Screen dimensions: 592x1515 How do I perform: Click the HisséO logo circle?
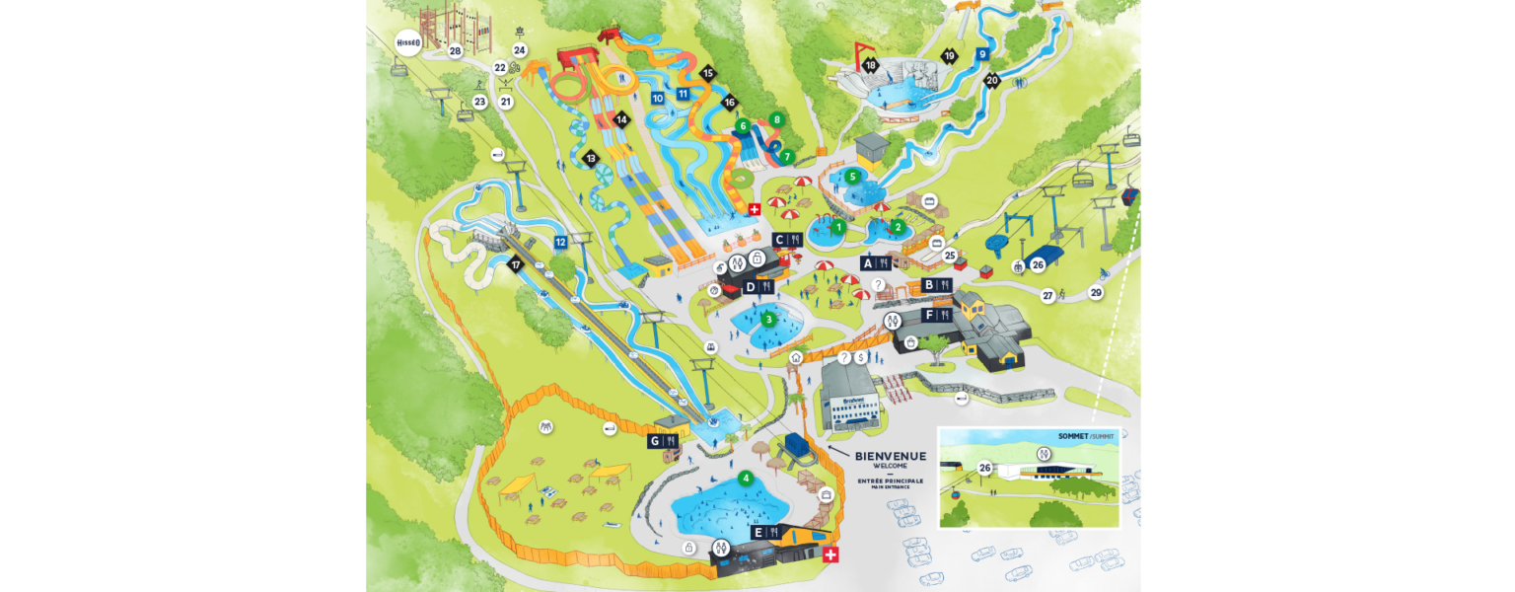click(x=407, y=42)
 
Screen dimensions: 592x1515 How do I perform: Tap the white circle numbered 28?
click(x=455, y=50)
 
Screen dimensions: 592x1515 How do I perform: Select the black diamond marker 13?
click(x=592, y=158)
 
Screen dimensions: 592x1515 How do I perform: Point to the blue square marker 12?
click(x=560, y=242)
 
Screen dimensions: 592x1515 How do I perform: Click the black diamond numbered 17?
click(x=514, y=264)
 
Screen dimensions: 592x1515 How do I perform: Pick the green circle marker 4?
click(x=746, y=478)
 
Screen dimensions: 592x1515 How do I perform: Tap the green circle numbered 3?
click(x=768, y=319)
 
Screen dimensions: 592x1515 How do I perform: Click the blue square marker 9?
click(x=982, y=54)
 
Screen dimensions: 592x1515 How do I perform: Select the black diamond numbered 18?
click(x=870, y=65)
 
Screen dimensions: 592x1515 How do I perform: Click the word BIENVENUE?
click(x=891, y=456)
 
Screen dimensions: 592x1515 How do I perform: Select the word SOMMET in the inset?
click(x=1071, y=435)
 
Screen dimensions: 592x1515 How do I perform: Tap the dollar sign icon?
click(x=861, y=356)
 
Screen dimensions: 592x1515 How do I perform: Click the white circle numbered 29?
click(x=1096, y=292)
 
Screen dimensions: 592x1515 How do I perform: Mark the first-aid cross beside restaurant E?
click(x=830, y=556)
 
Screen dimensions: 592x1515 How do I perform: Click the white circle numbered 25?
click(x=950, y=256)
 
